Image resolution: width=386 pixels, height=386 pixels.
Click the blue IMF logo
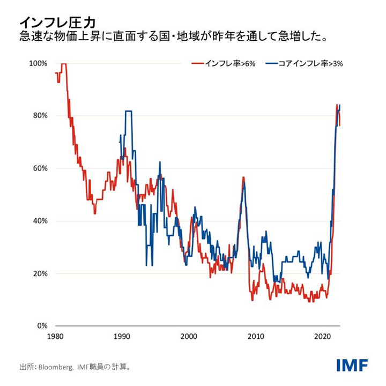(352, 366)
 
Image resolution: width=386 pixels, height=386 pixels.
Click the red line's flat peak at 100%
(64, 64)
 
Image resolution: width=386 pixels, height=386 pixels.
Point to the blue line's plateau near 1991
(128, 111)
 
